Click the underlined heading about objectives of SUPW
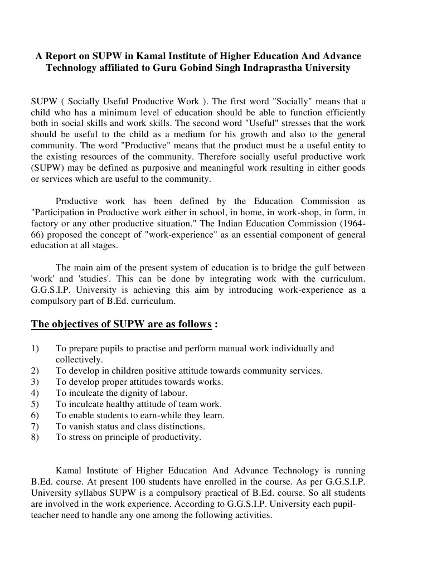[122, 324]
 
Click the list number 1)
[36, 349]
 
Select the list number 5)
[36, 404]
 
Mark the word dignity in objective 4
[127, 393]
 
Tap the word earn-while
[163, 415]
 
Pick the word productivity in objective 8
[176, 438]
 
